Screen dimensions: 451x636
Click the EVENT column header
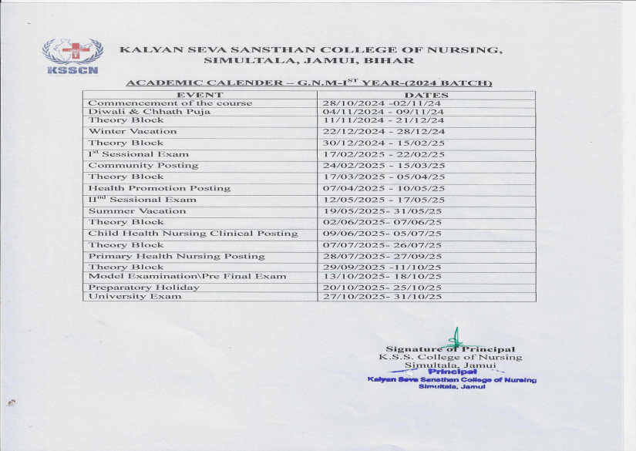tap(200, 95)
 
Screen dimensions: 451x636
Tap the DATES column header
tap(426, 95)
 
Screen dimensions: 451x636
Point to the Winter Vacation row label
tap(132, 131)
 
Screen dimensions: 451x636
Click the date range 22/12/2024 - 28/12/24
tap(383, 132)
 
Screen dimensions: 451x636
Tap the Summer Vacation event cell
tap(136, 210)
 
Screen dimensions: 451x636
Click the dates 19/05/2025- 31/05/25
tap(382, 211)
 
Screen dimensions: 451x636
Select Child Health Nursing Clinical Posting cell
tap(192, 234)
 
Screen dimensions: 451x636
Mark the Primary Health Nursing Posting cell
tap(176, 256)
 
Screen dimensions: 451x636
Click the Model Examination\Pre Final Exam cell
tap(187, 276)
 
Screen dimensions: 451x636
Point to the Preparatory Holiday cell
tap(143, 288)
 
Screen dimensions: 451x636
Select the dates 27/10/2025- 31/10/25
tap(382, 297)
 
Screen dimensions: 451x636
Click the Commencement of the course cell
tap(170, 103)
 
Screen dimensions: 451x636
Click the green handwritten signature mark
tap(456, 338)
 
